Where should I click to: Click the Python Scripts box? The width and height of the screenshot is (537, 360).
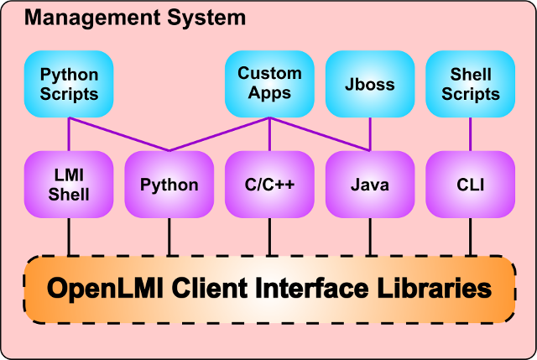point(69,84)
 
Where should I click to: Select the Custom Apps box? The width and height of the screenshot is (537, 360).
point(269,84)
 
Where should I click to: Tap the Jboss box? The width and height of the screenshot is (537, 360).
point(370,84)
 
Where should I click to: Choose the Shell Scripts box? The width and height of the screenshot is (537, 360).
point(470,84)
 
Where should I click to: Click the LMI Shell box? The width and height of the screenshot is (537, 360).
point(69,185)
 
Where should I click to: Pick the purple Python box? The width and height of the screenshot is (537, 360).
point(169,185)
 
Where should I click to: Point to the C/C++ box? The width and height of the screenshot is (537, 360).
point(269,185)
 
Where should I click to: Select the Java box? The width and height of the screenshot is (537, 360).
point(370,185)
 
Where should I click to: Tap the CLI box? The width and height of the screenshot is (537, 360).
point(470,185)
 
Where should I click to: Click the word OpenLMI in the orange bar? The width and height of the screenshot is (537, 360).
point(105,290)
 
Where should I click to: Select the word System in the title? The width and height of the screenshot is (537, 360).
point(205,17)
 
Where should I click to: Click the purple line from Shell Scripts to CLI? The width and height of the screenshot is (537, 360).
point(470,134)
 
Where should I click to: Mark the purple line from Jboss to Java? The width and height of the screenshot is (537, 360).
point(370,134)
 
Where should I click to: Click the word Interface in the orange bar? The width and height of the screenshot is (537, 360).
point(305,290)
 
